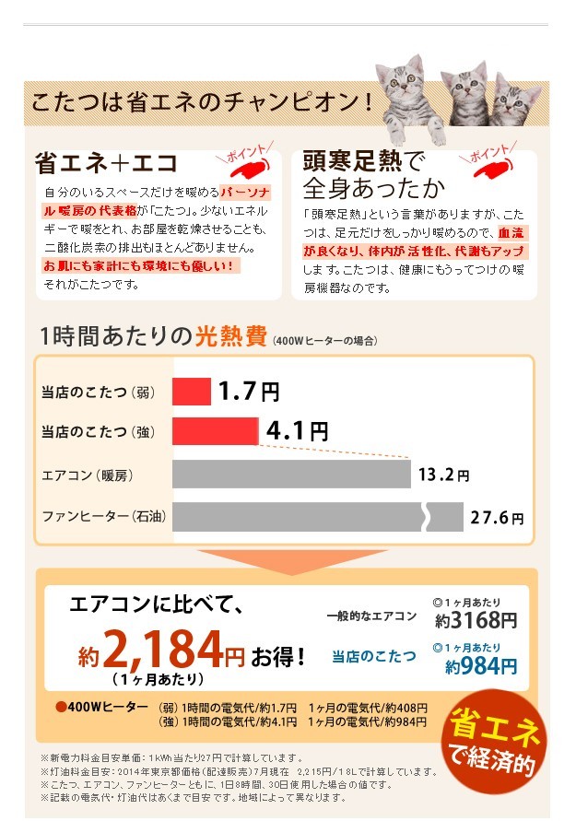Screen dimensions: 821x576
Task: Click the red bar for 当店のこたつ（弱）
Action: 191,392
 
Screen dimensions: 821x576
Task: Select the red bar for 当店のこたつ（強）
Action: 215,430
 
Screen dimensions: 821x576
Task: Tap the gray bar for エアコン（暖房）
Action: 291,475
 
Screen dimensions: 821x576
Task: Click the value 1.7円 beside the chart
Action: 248,392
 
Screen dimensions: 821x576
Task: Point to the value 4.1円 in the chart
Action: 296,430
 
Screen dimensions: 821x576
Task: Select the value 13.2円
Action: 443,475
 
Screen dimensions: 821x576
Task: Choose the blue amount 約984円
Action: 480,665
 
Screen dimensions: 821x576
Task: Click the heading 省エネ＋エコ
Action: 106,164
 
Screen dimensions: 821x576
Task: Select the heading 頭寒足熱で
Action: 363,162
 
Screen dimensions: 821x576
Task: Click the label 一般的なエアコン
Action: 372,616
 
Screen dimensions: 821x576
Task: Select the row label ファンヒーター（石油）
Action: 103,517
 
